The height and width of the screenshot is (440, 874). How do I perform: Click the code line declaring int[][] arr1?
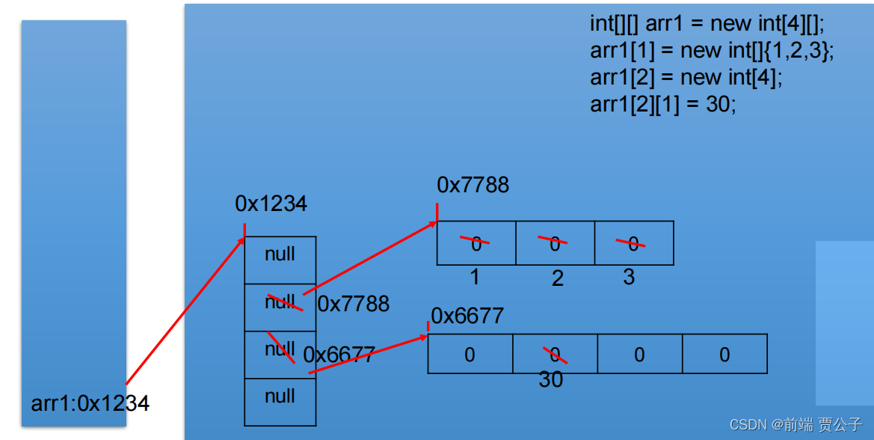[x=707, y=24]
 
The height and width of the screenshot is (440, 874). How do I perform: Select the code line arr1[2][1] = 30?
[x=663, y=105]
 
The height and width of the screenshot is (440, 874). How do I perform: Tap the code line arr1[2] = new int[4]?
[x=686, y=78]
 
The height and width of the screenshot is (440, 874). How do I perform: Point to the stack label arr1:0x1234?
[x=90, y=403]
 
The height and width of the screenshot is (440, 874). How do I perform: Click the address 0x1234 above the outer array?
[x=271, y=204]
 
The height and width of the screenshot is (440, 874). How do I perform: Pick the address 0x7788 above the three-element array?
[x=473, y=186]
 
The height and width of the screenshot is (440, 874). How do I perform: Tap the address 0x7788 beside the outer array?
[x=354, y=304]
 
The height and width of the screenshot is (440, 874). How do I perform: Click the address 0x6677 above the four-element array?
[x=467, y=316]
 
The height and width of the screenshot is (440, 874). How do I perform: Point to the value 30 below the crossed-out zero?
[x=551, y=380]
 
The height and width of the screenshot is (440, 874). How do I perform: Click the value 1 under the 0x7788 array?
[x=475, y=278]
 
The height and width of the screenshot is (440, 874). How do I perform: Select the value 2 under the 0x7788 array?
[x=557, y=279]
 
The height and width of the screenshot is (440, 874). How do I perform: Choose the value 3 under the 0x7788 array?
[x=629, y=278]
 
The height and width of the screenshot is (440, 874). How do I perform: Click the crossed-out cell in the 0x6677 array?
[x=555, y=354]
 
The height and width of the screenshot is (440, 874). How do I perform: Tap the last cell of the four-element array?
[x=724, y=354]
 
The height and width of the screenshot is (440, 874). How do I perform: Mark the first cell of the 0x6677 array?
[x=470, y=354]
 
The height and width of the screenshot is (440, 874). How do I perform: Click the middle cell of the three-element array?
[x=555, y=243]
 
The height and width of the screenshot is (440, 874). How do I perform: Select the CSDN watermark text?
[x=795, y=425]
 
